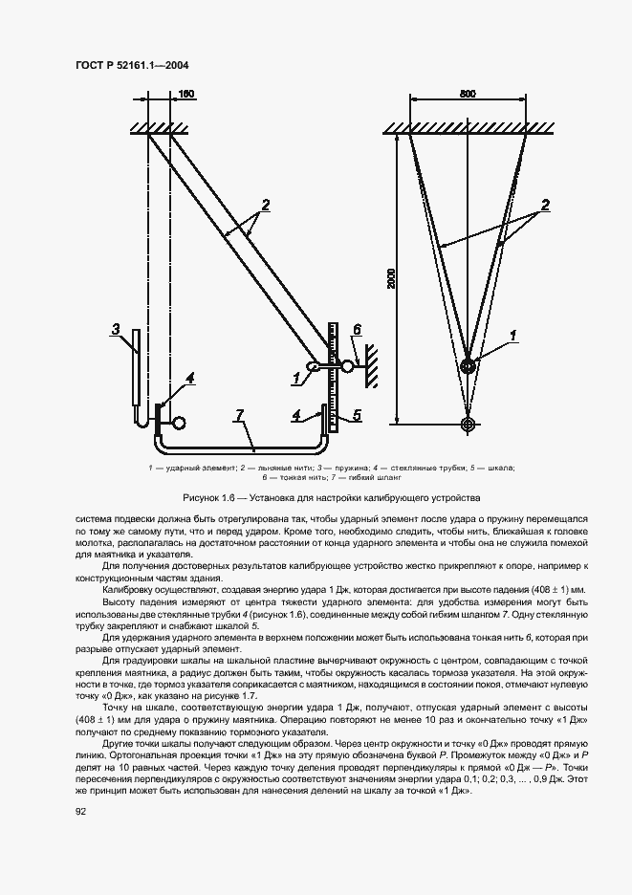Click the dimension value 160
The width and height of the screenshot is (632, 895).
click(x=185, y=94)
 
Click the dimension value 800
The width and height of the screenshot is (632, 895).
click(x=468, y=94)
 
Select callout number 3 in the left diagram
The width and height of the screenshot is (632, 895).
click(x=114, y=331)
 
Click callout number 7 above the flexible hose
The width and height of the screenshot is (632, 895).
click(x=240, y=414)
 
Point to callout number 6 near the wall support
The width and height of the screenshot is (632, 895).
click(x=355, y=330)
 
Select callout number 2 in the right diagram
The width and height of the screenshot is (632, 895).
click(x=545, y=204)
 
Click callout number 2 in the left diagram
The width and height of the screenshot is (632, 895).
click(x=265, y=204)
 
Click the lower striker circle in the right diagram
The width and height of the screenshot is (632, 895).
click(x=468, y=424)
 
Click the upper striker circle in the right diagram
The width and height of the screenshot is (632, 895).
click(x=468, y=365)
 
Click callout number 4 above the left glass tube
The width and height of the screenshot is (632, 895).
click(x=189, y=379)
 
